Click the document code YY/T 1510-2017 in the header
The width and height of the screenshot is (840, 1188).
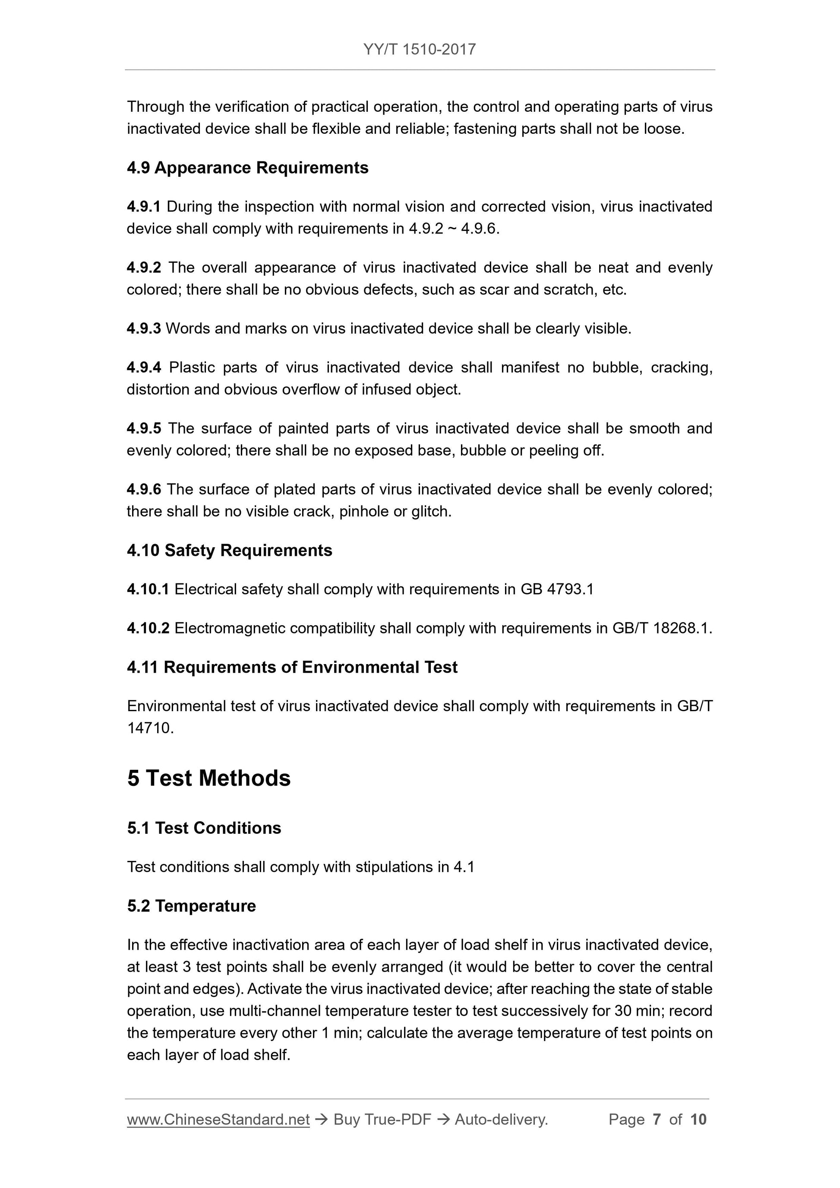pos(419,50)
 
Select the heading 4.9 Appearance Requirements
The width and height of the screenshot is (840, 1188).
pos(247,167)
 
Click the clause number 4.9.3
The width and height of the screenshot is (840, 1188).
pos(143,328)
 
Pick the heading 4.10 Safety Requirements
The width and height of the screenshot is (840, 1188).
pos(229,550)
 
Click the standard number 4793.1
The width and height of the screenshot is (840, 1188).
pos(570,589)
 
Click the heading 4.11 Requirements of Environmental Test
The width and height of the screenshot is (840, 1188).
pos(292,668)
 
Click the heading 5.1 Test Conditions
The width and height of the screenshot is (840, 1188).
pos(204,828)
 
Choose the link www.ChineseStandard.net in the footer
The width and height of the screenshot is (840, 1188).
pos(218,1120)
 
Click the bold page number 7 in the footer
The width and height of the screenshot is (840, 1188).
pos(657,1120)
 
